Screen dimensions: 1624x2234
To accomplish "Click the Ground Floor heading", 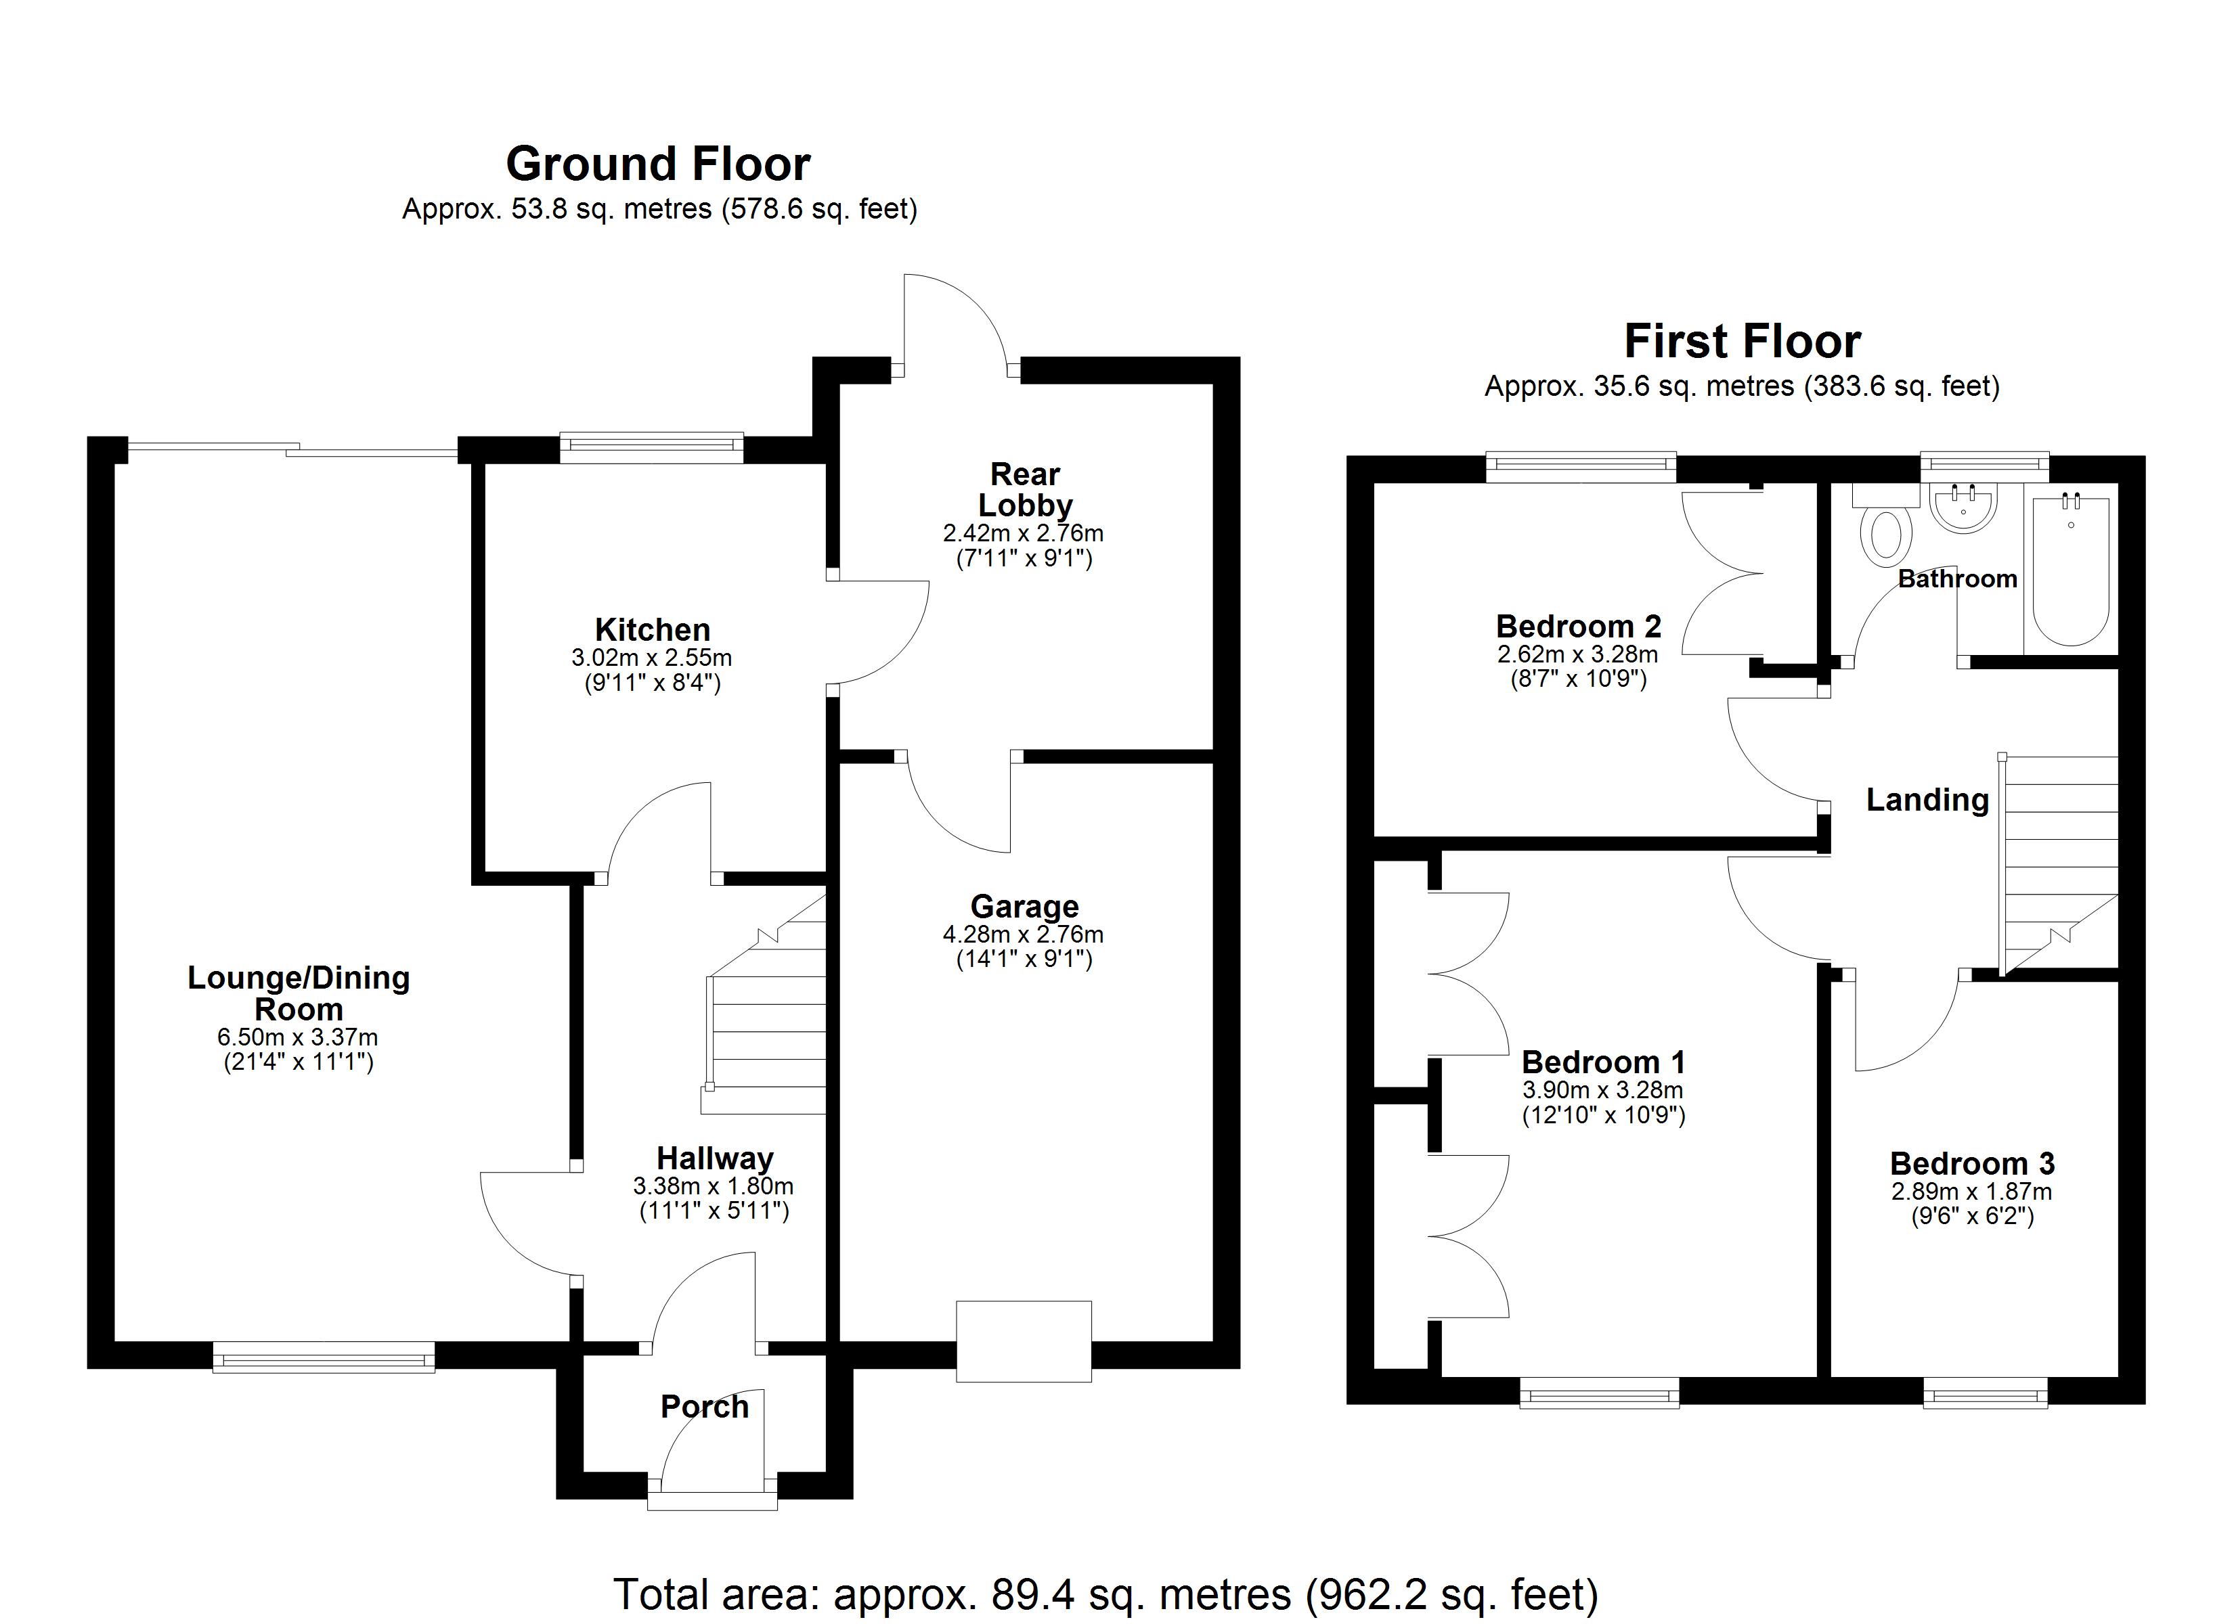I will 658,164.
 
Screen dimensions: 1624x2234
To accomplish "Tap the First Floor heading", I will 1741,342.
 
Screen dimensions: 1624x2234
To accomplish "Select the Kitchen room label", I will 652,629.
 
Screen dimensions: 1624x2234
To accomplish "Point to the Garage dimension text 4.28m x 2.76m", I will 1024,934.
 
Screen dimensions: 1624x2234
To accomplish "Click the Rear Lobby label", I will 1024,489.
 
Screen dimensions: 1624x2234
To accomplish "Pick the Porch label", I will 704,1406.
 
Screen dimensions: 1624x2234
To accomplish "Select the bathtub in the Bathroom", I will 2070,571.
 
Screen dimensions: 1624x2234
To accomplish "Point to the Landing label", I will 1927,800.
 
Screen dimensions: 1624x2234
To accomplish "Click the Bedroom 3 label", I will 1972,1164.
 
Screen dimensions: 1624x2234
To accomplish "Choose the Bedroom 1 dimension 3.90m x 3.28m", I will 1602,1090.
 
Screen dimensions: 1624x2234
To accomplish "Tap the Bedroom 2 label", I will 1578,627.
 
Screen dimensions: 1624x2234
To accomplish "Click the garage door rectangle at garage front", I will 1024,1341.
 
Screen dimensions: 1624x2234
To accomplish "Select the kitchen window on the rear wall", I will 652,447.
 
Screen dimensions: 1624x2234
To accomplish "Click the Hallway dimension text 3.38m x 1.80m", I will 713,1187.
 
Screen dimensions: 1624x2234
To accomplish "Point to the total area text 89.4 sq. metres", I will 1105,1594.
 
